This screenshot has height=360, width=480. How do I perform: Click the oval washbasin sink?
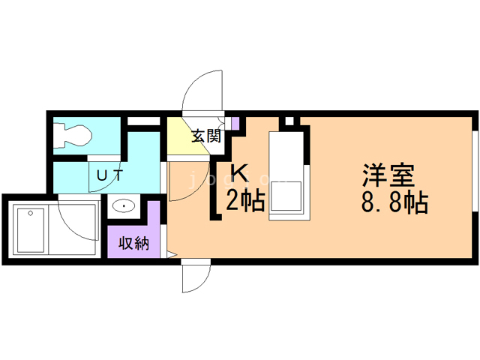[122, 205]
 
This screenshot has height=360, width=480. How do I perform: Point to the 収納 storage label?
[133, 243]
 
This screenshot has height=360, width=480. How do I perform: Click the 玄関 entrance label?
[205, 137]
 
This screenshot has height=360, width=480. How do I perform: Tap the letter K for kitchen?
[238, 172]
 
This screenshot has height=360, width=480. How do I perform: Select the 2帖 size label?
[246, 201]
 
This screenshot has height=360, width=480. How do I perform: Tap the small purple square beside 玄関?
[235, 123]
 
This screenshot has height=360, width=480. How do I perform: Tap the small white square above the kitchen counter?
[288, 121]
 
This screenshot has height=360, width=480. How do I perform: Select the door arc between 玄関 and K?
[182, 180]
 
